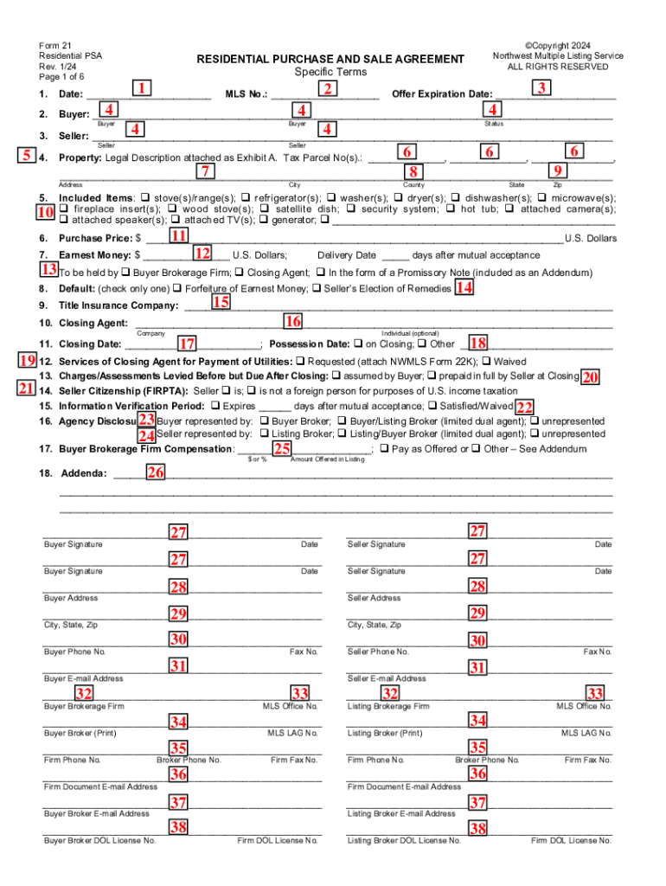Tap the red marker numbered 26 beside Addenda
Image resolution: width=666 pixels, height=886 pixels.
point(155,472)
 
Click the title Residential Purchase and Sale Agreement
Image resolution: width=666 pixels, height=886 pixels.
point(330,59)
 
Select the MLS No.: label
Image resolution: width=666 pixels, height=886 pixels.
point(247,93)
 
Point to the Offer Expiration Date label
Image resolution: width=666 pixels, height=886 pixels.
point(442,93)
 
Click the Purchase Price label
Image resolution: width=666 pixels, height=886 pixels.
point(94,238)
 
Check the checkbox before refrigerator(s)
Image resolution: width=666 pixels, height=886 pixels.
point(247,197)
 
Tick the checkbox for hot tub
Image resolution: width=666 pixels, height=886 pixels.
point(454,209)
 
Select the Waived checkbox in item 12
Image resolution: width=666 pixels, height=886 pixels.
point(486,361)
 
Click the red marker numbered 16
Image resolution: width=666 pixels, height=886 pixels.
point(293,321)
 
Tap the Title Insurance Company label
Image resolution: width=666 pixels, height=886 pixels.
point(118,305)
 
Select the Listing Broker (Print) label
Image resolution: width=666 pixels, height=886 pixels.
point(385,733)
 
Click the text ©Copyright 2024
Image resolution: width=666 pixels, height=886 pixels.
point(557,45)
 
